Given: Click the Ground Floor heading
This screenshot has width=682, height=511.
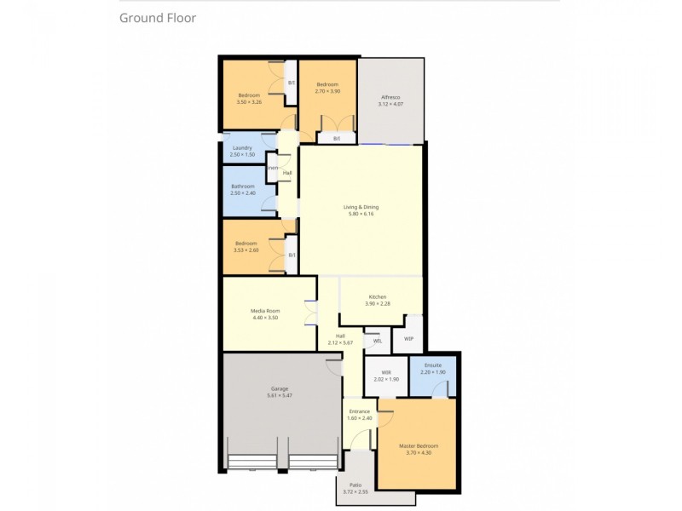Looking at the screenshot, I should [158, 17].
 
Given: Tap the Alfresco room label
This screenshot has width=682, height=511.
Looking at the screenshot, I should [390, 98].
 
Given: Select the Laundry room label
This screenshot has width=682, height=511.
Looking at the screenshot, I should [242, 148].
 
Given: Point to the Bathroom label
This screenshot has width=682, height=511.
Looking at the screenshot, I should [243, 186].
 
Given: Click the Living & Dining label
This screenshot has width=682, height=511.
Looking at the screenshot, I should [360, 207].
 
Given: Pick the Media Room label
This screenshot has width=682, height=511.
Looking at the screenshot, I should [265, 311].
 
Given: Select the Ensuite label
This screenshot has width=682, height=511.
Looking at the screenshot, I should [433, 365].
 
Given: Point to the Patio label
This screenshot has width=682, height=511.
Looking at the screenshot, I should [355, 485].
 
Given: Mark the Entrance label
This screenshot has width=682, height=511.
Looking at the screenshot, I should [359, 411].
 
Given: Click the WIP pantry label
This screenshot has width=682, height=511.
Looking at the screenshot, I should [409, 338].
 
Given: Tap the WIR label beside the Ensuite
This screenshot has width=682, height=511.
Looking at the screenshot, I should [386, 372].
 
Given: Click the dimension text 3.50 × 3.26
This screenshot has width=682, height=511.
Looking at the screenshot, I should [249, 102].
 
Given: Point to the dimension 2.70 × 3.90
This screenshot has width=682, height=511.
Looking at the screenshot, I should [327, 91].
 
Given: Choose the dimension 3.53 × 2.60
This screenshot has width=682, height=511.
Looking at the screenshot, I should [248, 250].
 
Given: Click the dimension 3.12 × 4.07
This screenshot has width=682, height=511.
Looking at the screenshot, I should [390, 105].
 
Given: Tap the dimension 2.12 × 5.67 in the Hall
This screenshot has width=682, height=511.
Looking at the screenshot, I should [340, 342].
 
